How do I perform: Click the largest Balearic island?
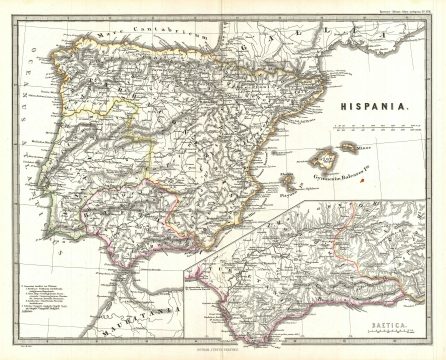[322, 159]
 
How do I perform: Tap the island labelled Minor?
[351, 148]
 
